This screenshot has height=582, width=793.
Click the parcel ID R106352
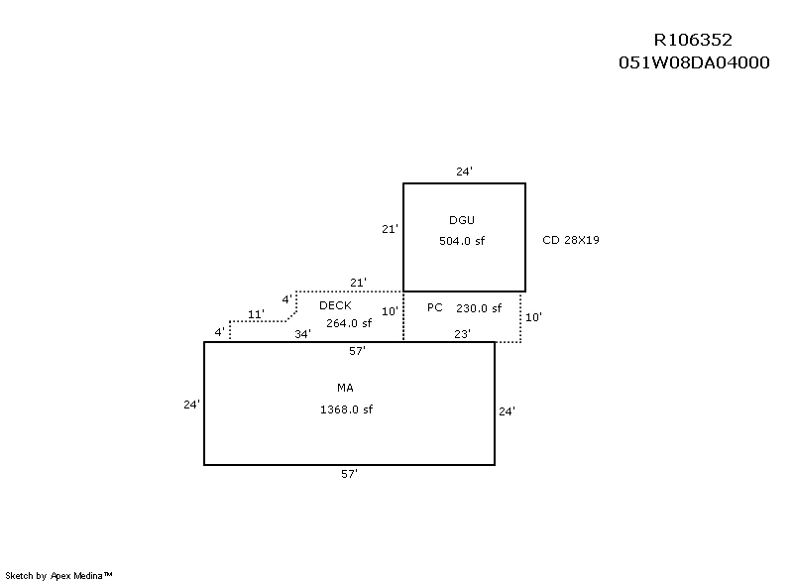click(693, 41)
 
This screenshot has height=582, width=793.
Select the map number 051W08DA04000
click(693, 61)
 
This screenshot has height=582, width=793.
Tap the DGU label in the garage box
click(462, 219)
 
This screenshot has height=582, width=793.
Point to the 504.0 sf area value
click(462, 241)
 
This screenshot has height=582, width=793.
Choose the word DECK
click(335, 305)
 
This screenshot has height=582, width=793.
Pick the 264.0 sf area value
click(349, 322)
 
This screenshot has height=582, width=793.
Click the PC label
click(434, 307)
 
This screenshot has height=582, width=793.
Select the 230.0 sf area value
click(479, 308)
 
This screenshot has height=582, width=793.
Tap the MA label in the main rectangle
click(345, 388)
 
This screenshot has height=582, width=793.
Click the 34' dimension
click(303, 334)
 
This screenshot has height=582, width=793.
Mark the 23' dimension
click(462, 334)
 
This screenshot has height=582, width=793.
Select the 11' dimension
click(256, 314)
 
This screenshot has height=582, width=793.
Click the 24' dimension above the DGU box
click(464, 172)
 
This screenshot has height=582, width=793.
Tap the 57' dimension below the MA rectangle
click(349, 475)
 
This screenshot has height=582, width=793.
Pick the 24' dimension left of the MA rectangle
click(191, 405)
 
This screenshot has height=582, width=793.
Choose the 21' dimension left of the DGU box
click(390, 229)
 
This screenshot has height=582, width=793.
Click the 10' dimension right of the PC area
click(533, 317)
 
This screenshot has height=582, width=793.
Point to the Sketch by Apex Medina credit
click(60, 575)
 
